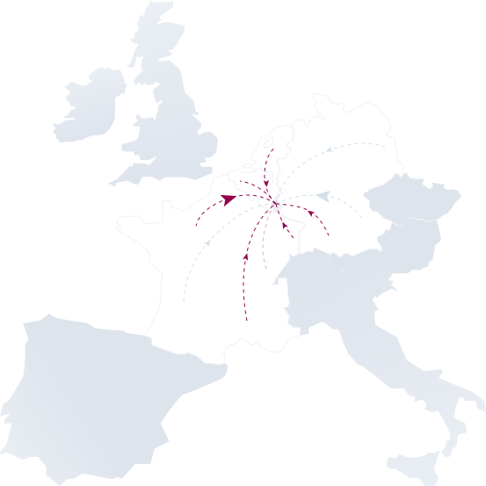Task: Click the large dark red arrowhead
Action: tap(231, 199)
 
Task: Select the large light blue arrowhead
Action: tap(323, 196)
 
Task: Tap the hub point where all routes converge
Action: tap(276, 206)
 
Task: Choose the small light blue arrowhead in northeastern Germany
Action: tap(329, 150)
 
